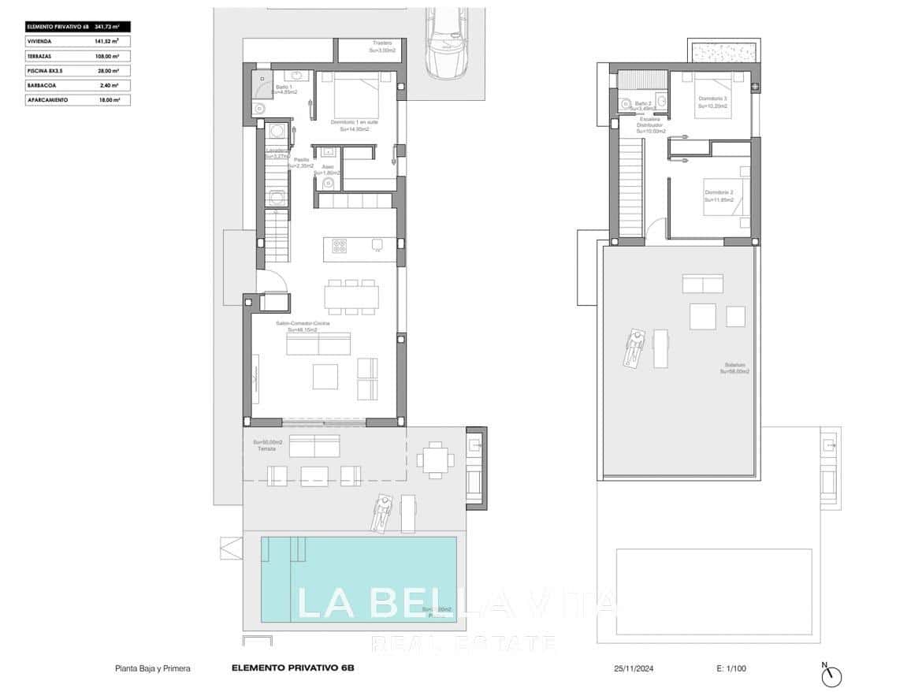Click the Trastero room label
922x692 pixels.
click(383, 47)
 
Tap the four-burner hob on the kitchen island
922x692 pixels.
click(340, 245)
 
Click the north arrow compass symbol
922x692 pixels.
click(832, 675)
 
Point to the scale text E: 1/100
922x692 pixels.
click(731, 668)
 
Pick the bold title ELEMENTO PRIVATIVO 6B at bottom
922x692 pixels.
click(293, 668)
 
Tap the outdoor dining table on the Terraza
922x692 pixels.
click(434, 458)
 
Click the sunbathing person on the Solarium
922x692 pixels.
click(634, 347)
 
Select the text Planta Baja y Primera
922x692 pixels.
click(153, 668)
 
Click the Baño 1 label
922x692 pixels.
click(283, 90)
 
